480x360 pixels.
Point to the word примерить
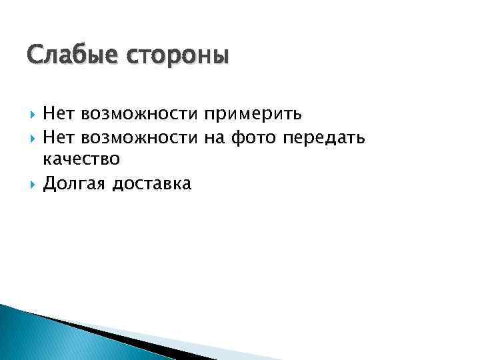point(253,115)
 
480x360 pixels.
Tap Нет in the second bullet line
point(59,137)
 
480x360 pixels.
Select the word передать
point(324,138)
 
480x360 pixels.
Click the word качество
point(81,160)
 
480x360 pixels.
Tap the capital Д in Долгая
point(49,183)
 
